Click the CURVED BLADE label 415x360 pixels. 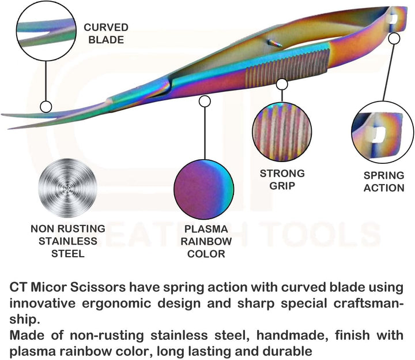[x=106, y=33]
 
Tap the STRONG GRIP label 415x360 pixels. [x=282, y=179]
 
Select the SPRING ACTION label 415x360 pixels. [x=384, y=182]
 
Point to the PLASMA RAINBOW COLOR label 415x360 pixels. [x=206, y=241]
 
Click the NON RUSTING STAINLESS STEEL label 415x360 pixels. [x=68, y=241]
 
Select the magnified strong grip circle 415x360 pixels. [x=282, y=134]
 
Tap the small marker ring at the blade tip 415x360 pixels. [x=45, y=107]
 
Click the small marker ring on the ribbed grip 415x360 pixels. [x=282, y=84]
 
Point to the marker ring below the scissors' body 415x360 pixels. [x=204, y=101]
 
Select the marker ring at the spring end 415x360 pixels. [x=394, y=39]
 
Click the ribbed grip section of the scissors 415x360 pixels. [x=288, y=66]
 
